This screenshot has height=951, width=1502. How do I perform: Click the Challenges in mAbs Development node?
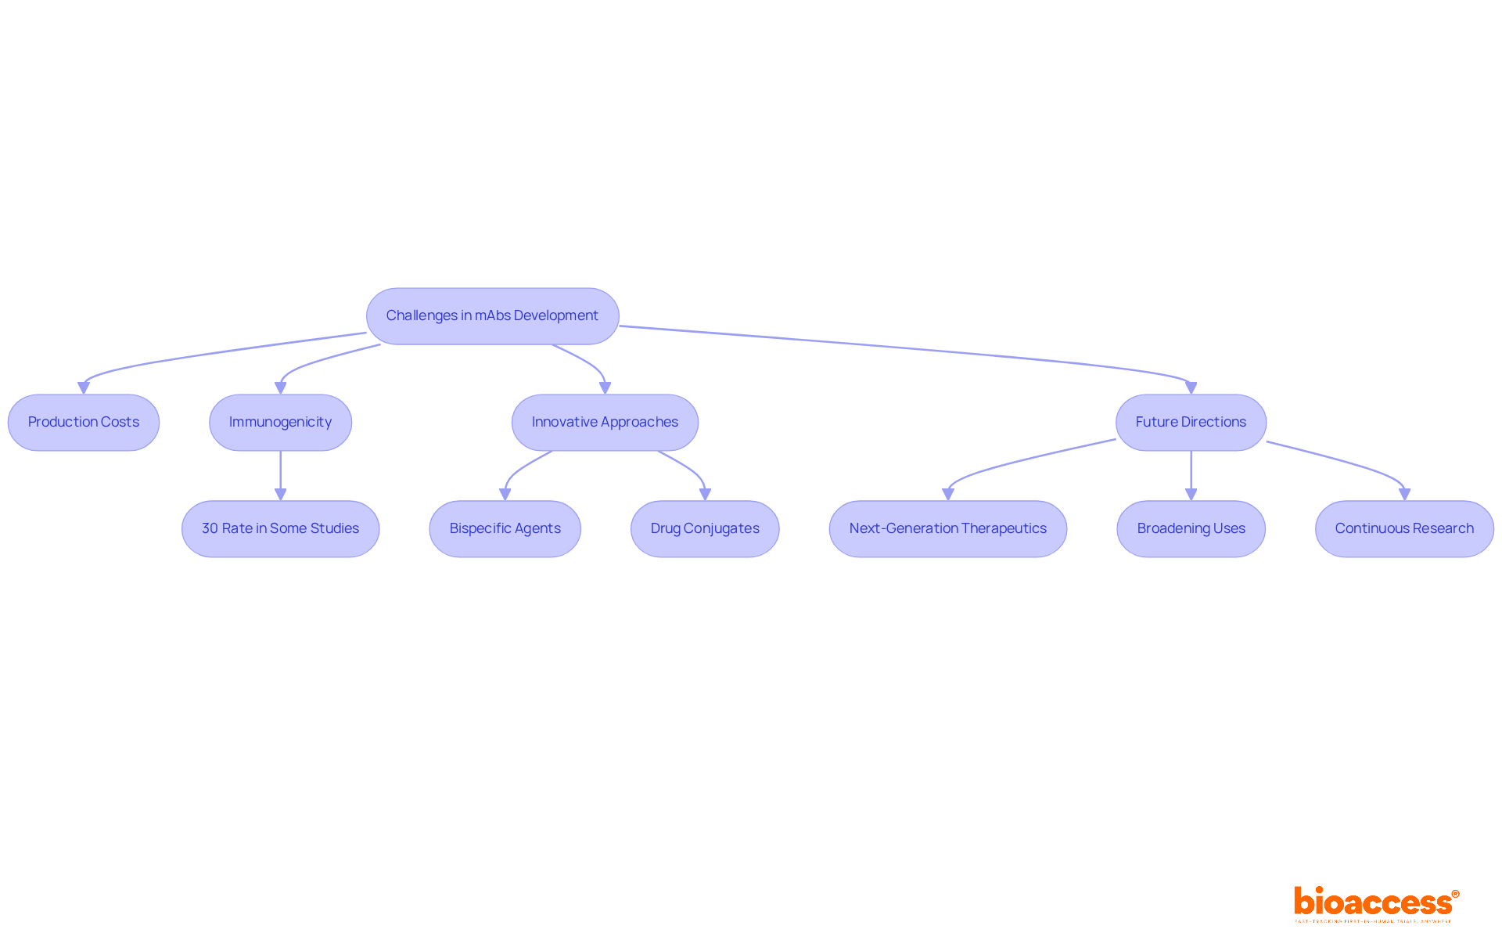point(492,315)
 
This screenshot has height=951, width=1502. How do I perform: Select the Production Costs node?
point(84,422)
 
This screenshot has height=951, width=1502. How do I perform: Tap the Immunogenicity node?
point(280,422)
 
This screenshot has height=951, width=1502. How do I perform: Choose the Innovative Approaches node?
point(605,422)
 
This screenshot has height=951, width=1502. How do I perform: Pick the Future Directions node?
point(1191,422)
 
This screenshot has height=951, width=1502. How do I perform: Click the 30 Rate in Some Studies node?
point(280,528)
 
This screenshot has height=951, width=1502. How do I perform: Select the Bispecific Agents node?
point(505,528)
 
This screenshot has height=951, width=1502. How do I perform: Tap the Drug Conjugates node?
point(705,528)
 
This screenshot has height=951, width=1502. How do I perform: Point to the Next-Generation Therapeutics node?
point(947,528)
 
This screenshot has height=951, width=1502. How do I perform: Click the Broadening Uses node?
point(1191,528)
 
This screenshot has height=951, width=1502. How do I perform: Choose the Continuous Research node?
point(1404,528)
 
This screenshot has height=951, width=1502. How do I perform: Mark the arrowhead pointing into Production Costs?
point(84,387)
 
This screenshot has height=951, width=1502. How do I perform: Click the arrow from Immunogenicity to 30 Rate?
point(280,474)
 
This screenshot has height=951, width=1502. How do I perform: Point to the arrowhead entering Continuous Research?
point(1404,494)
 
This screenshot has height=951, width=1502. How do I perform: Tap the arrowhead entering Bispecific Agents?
point(505,494)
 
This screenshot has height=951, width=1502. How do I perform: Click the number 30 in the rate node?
point(210,528)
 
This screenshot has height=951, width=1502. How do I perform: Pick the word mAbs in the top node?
point(492,315)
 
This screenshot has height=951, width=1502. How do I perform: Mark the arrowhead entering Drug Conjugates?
point(705,494)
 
